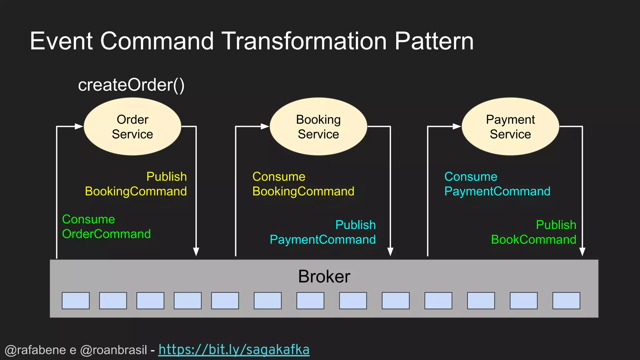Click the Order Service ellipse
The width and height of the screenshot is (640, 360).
pos(132,127)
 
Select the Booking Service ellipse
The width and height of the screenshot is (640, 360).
pos(318,127)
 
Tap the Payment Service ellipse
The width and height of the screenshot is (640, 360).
pos(510,127)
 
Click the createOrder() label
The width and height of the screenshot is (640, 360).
pos(131,85)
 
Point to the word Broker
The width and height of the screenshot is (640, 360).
pos(324,276)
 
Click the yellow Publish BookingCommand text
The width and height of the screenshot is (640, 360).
pos(136,184)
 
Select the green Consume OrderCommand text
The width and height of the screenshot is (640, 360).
pos(106,227)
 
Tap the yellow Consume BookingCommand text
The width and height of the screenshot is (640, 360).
pos(303,184)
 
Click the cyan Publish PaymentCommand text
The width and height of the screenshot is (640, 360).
pos(323,232)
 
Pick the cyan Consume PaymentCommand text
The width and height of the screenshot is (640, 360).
pos(497,184)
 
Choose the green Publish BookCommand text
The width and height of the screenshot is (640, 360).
pos(534,232)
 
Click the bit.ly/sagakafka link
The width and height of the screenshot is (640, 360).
pos(234,349)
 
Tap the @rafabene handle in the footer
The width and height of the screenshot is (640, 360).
pos(36,350)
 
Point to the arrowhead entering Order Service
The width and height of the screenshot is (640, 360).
pos(79,127)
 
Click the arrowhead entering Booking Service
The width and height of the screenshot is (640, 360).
pos(265,127)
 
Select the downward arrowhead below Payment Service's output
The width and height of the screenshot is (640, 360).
pos(582,252)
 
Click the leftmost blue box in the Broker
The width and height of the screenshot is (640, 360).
pos(76,301)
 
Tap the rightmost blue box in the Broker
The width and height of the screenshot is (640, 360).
pos(566,301)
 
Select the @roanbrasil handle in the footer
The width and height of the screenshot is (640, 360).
pos(113,350)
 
